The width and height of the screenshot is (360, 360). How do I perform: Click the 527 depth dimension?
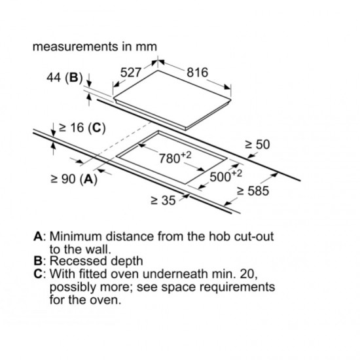[x=130, y=72]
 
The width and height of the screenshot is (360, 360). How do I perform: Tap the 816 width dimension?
[x=198, y=72]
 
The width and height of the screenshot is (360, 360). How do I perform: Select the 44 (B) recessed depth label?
[x=64, y=77]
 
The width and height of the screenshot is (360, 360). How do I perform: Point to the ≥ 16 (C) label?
[x=82, y=128]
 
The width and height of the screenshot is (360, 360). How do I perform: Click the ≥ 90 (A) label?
[x=74, y=179]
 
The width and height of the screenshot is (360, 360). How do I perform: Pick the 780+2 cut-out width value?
[x=175, y=157]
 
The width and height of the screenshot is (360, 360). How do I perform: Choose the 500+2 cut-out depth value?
[x=226, y=176]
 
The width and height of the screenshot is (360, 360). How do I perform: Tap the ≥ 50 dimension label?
[x=257, y=145]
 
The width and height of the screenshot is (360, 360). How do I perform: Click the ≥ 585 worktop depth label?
[x=253, y=190]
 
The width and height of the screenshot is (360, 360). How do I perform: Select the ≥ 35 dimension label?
[x=163, y=200]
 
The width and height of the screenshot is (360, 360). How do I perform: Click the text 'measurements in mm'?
[x=95, y=46]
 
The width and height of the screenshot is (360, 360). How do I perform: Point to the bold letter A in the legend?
[x=38, y=236]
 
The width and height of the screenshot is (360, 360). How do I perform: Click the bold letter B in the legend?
[x=38, y=261]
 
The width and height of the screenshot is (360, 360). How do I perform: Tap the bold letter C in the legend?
[x=38, y=274]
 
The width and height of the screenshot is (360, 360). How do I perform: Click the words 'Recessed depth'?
[x=96, y=261]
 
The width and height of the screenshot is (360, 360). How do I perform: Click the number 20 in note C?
[x=249, y=274]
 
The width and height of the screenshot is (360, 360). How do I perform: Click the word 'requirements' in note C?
[x=237, y=287]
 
